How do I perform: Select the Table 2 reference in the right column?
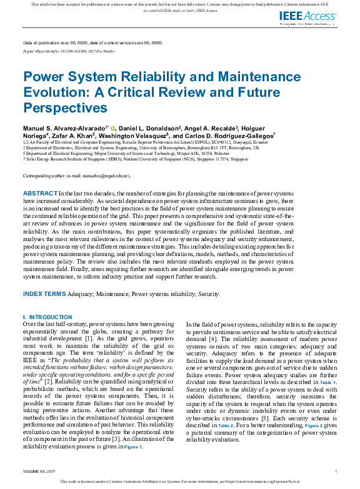226,425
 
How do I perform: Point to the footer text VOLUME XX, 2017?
39,470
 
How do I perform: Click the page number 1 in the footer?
336,470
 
